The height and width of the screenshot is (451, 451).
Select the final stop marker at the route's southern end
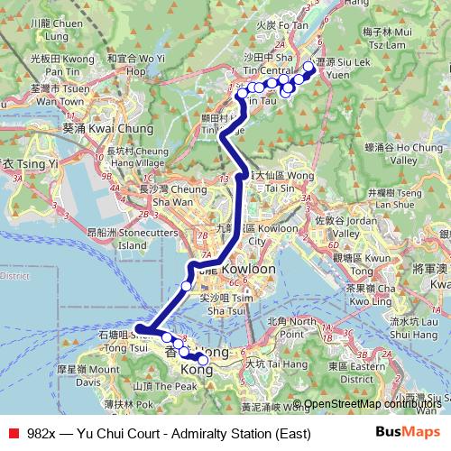pyautogui.click(x=203, y=361)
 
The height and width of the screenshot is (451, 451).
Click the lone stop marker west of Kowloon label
pyautogui.click(x=187, y=286)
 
